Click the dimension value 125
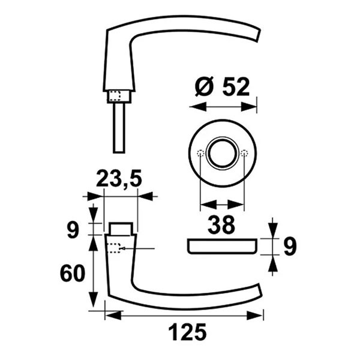(188, 332)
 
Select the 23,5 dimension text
(119, 178)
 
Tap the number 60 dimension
(73, 273)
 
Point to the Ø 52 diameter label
(222, 87)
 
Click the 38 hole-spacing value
(221, 225)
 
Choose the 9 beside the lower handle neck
(73, 230)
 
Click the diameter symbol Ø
(203, 87)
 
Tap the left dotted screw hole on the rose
(201, 153)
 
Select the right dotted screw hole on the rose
(244, 153)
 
